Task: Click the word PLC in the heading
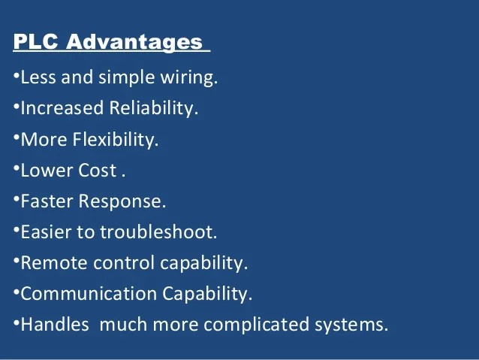(x=36, y=42)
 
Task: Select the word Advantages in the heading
(x=134, y=43)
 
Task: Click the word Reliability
(x=154, y=108)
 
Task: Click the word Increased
(x=62, y=108)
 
